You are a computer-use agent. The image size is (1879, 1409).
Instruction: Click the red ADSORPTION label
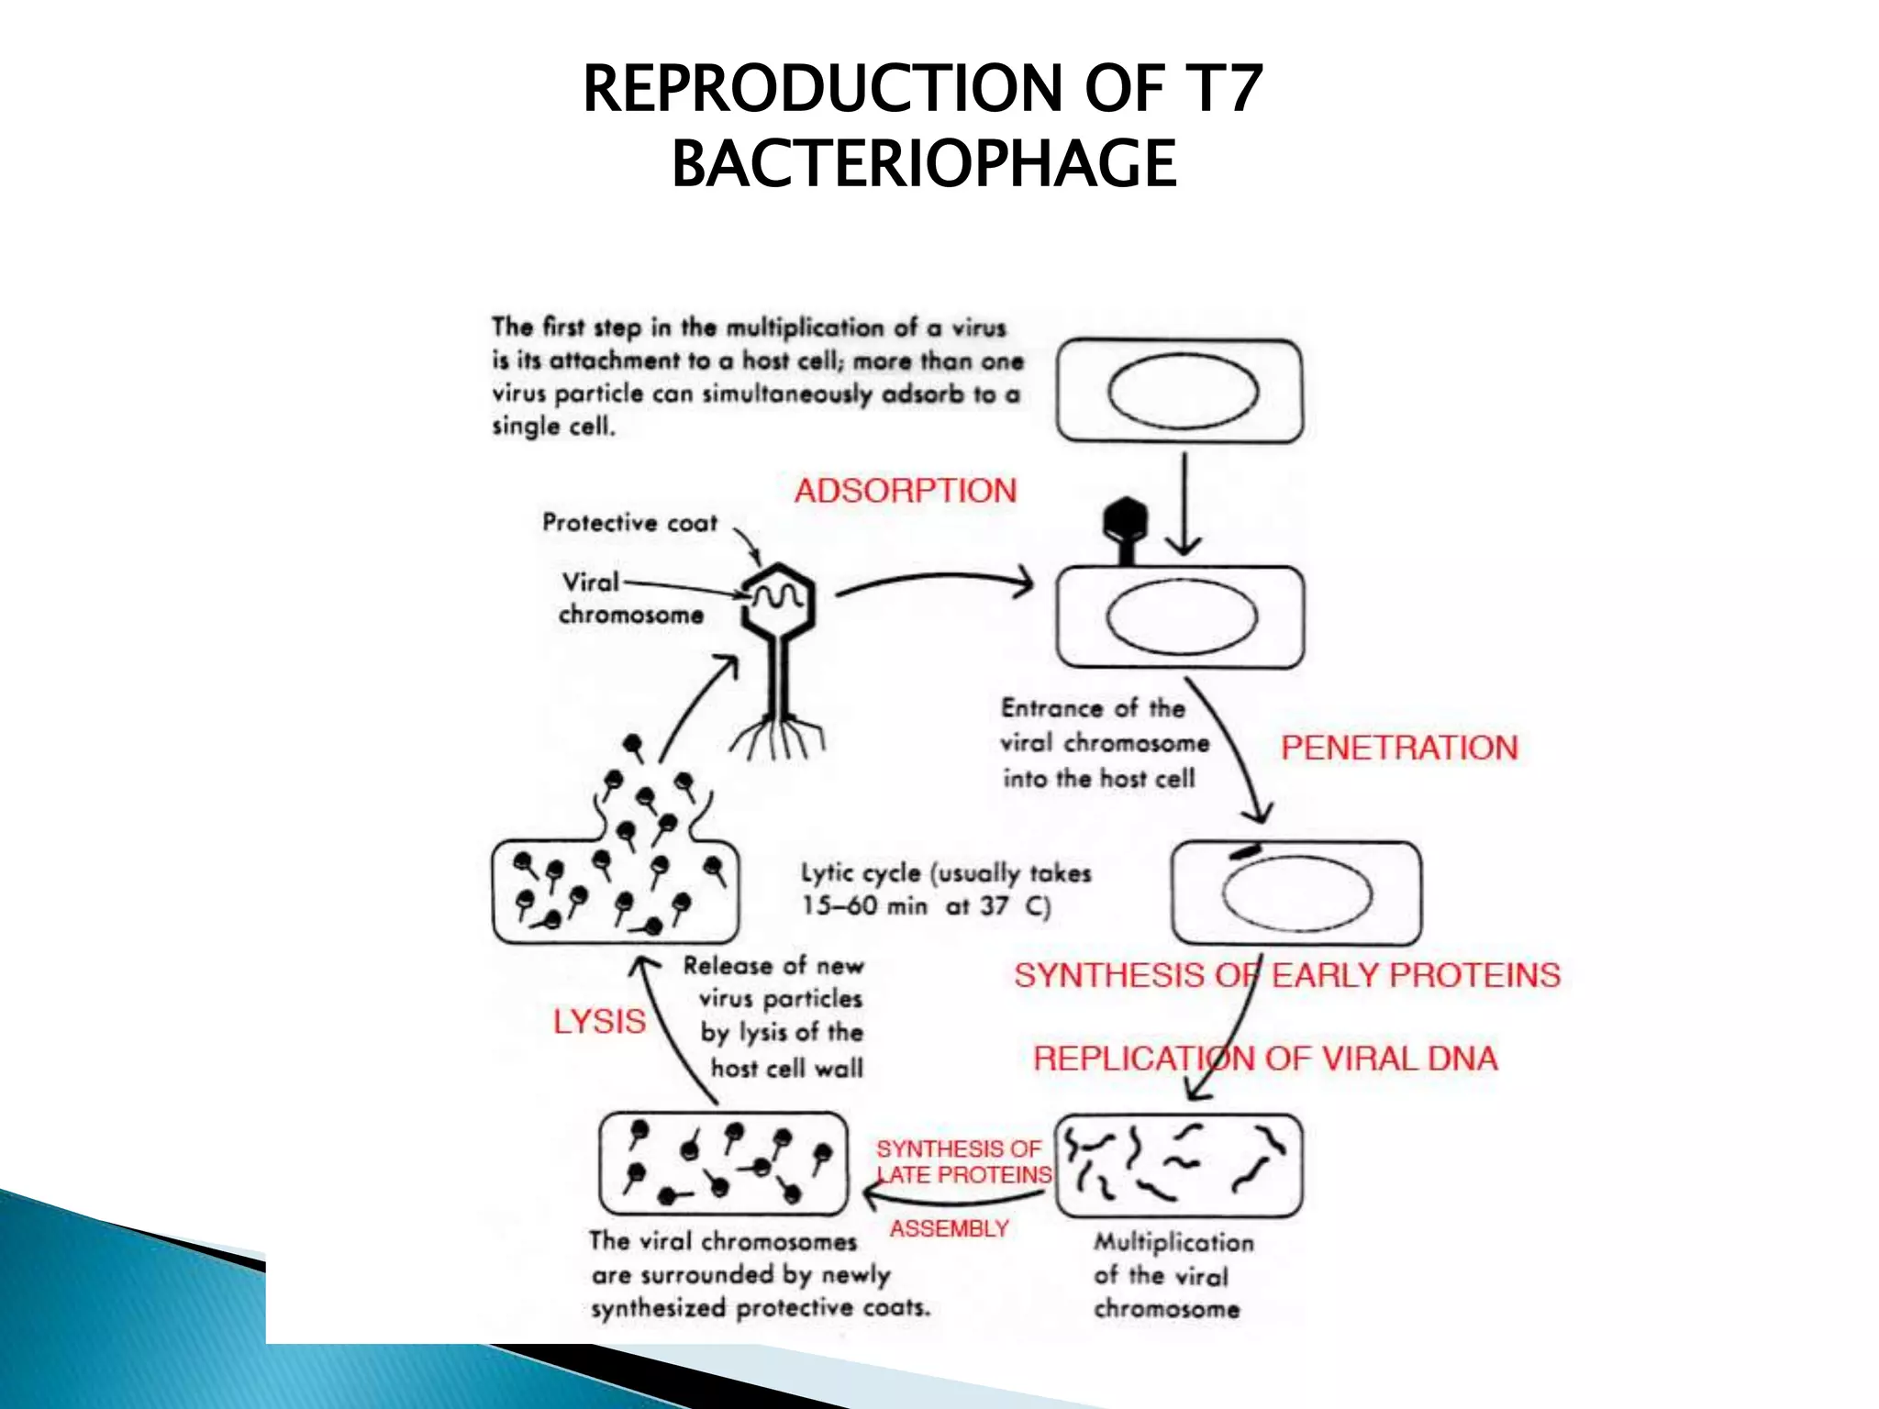[x=905, y=491]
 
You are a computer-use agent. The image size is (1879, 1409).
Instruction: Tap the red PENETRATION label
[x=1398, y=748]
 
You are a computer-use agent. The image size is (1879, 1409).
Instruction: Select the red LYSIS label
[x=599, y=1021]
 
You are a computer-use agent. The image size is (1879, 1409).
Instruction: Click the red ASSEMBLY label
[x=949, y=1228]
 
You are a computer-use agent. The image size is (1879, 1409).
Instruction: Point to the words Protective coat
[x=629, y=523]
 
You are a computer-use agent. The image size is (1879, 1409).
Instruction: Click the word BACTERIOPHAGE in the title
[x=924, y=163]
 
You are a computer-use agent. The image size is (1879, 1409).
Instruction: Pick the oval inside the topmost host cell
[x=1182, y=392]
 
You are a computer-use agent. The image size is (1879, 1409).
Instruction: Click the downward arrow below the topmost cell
[x=1184, y=505]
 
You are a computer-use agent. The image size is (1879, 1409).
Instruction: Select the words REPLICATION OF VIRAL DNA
[x=1264, y=1059]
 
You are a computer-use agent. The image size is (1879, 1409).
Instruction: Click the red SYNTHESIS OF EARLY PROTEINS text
[x=1286, y=975]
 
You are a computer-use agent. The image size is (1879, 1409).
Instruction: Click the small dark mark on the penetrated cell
[x=1246, y=851]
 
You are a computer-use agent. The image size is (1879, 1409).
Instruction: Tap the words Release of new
[x=773, y=966]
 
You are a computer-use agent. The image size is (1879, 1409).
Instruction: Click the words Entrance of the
[x=1092, y=708]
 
